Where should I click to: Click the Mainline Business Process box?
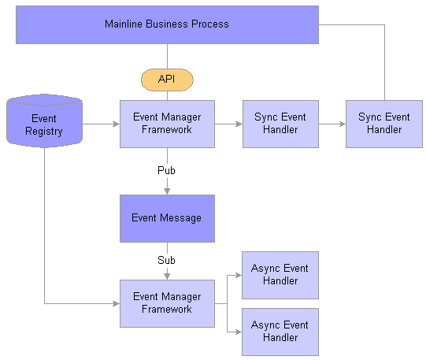tap(167, 24)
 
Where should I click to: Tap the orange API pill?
tap(167, 80)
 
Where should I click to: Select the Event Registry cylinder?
tap(44, 121)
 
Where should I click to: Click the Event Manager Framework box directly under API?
tap(167, 124)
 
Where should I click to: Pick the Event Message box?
tap(167, 218)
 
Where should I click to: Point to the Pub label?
tap(166, 170)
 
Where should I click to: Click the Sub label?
tap(166, 260)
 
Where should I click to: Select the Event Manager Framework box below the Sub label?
tap(167, 303)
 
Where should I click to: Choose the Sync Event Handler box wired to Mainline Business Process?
tap(384, 124)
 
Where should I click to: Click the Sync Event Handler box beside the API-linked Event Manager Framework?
tap(280, 124)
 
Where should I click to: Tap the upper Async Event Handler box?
tap(280, 275)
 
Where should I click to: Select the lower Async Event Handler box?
tap(280, 332)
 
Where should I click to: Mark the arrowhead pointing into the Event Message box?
tap(167, 191)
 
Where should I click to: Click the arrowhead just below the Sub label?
tap(167, 276)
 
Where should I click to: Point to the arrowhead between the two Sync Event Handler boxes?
tap(343, 124)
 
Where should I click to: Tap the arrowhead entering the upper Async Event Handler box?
tap(239, 275)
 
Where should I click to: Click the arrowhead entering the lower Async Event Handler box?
tap(239, 332)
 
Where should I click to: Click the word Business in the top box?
tap(167, 24)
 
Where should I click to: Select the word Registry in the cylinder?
tap(44, 132)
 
